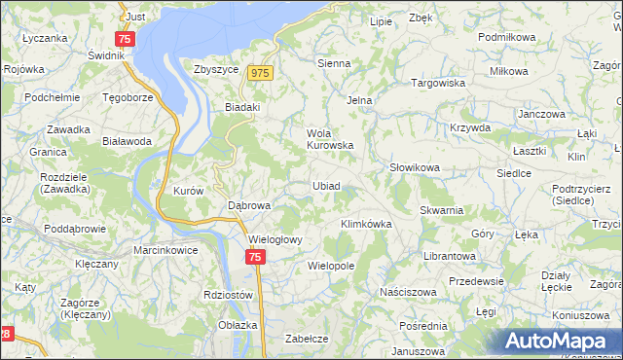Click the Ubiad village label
pyautogui.click(x=326, y=186)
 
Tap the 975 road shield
pyautogui.click(x=259, y=73)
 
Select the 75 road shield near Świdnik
pyautogui.click(x=124, y=39)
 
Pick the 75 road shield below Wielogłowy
pyautogui.click(x=254, y=257)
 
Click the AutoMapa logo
pyautogui.click(x=561, y=341)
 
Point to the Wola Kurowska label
pyautogui.click(x=329, y=139)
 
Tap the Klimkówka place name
pyautogui.click(x=366, y=224)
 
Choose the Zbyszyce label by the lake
pyautogui.click(x=216, y=70)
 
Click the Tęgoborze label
pyautogui.click(x=128, y=98)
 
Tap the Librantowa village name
pyautogui.click(x=449, y=255)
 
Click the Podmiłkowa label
pyautogui.click(x=508, y=37)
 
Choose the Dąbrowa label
pyautogui.click(x=248, y=206)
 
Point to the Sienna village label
pyautogui.click(x=334, y=63)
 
